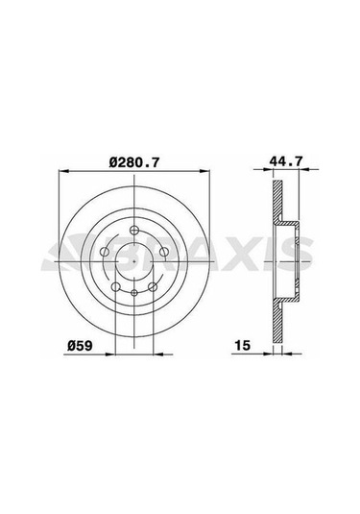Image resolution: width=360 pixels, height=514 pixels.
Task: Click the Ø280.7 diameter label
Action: pyautogui.click(x=134, y=162)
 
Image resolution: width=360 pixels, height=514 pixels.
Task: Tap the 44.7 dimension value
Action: pyautogui.click(x=286, y=161)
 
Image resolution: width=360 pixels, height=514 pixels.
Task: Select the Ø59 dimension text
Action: pyautogui.click(x=80, y=346)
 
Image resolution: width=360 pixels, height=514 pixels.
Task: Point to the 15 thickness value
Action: pyautogui.click(x=243, y=345)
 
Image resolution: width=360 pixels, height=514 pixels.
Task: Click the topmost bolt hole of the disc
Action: pyautogui.click(x=134, y=231)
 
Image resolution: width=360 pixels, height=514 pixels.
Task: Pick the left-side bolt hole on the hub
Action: pyautogui.click(x=105, y=252)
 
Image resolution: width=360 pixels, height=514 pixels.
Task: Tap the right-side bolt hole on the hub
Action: pyautogui.click(x=164, y=252)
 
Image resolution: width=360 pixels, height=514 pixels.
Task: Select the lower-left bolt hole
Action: pyautogui.click(x=115, y=287)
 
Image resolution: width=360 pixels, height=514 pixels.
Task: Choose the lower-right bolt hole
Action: pyautogui.click(x=153, y=287)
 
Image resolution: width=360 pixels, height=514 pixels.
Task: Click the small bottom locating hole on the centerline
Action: pyautogui.click(x=134, y=292)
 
